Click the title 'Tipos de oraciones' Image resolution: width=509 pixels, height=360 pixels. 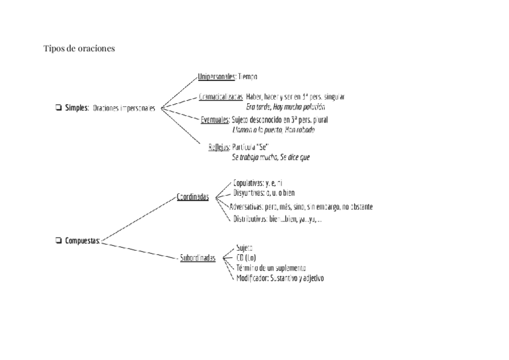(79, 49)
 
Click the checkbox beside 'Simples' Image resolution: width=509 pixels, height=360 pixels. (58, 108)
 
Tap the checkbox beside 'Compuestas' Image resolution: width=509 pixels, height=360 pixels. (58, 241)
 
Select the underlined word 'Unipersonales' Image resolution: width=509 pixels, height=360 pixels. (216, 77)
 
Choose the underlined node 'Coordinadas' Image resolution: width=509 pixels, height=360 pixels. (193, 197)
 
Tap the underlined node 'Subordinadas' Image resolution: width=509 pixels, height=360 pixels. (197, 259)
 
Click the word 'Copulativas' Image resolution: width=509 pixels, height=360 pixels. (248, 182)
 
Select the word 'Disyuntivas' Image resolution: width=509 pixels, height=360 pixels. (248, 193)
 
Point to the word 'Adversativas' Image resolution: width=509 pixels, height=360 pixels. (246, 207)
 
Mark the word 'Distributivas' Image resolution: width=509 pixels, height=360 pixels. (250, 220)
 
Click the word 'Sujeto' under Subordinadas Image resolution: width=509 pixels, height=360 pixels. (244, 247)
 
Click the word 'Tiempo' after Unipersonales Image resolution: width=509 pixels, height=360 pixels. (247, 77)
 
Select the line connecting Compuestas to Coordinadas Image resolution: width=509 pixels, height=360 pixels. (138, 219)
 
